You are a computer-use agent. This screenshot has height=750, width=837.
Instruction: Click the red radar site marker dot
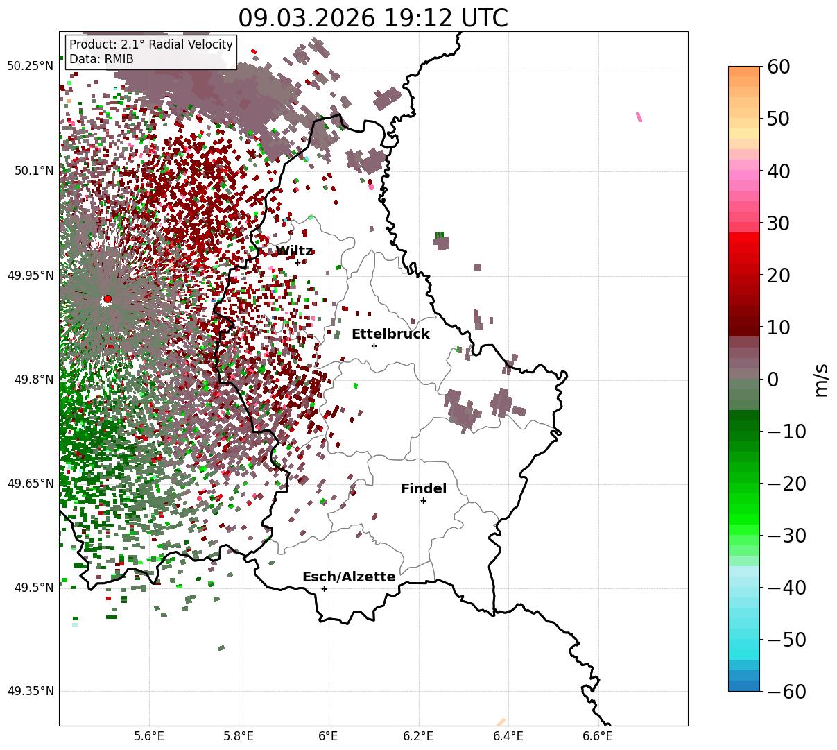coord(107,299)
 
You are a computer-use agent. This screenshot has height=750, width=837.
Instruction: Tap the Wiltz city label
coord(294,251)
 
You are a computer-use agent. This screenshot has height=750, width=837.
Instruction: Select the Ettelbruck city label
coord(390,334)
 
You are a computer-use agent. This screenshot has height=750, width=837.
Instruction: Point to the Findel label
coord(424,489)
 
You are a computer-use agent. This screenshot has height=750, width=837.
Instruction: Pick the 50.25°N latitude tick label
coord(31,67)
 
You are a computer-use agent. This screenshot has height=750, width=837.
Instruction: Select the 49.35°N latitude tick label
coord(31,692)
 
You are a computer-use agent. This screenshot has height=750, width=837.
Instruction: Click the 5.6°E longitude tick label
coord(149,735)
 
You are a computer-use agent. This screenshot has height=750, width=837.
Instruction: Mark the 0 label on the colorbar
coord(773,380)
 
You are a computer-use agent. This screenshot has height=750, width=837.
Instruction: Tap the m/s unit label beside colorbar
coord(821,380)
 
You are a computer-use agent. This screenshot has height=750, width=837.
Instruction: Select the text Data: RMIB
coord(101,60)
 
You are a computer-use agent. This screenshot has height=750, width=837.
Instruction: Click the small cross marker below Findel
coord(423,500)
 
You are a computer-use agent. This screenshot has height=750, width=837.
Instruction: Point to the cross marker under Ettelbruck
coord(374,346)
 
